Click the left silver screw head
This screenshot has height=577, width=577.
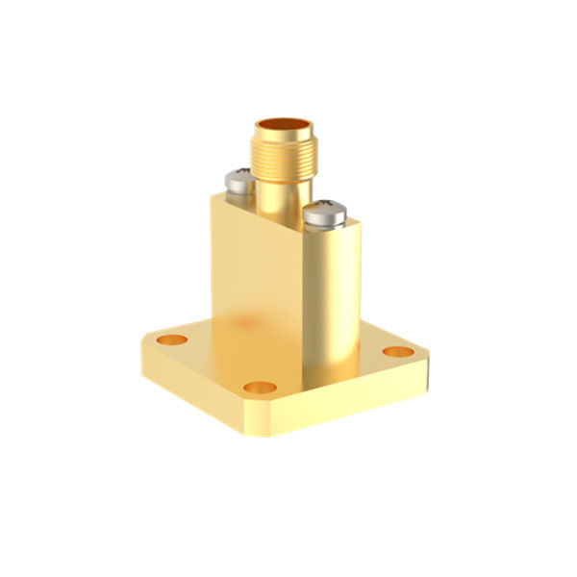coord(239,180)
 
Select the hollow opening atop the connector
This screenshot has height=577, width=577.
coord(280,128)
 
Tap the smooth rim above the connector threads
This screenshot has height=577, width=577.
coord(280,138)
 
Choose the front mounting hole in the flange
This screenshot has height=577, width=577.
coord(260,387)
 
